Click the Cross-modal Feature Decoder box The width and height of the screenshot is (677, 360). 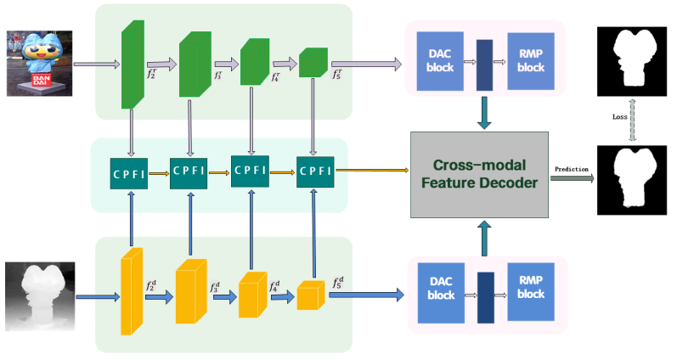pos(478,173)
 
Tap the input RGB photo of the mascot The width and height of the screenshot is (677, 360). pos(39,60)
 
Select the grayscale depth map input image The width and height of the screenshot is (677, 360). pos(40,295)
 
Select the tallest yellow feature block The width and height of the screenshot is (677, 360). pos(131,286)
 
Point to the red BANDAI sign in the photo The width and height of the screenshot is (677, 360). pos(40,82)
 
